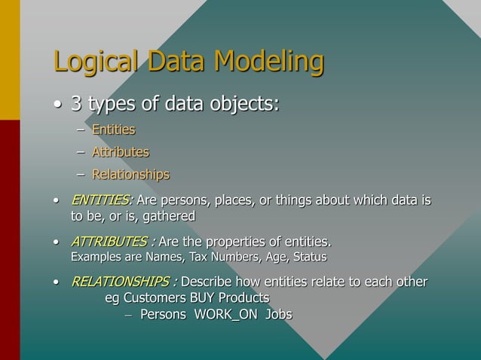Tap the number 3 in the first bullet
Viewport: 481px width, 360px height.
77,102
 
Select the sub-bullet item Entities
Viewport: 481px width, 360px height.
113,130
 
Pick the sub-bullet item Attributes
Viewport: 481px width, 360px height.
120,153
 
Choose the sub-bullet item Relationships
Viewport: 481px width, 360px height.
130,175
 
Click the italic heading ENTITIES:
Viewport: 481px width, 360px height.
102,201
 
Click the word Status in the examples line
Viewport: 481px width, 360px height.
309,258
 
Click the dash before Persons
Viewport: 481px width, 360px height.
127,314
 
